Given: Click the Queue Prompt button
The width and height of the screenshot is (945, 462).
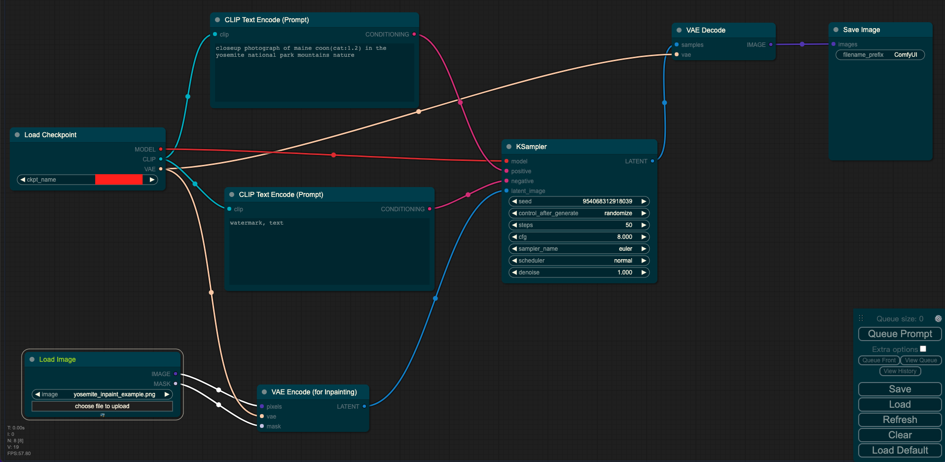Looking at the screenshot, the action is point(900,334).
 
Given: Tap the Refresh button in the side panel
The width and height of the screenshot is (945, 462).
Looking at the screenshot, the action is point(900,420).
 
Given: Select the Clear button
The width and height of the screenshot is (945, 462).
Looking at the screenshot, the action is point(900,435).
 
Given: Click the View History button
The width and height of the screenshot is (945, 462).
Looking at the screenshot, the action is point(900,371).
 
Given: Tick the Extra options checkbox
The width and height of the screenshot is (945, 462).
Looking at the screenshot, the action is point(923,349).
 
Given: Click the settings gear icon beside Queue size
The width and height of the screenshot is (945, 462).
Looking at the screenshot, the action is point(938,319).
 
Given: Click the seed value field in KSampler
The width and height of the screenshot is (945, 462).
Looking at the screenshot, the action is point(579,201).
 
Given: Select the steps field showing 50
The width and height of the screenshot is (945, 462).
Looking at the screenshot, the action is point(579,225).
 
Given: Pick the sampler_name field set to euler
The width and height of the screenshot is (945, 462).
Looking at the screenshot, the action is point(579,249).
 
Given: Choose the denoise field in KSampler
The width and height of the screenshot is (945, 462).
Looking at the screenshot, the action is point(579,272).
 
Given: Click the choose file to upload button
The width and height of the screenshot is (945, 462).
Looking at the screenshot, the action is point(102,406).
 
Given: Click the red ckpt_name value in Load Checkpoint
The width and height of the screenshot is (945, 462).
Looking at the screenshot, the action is point(119,180).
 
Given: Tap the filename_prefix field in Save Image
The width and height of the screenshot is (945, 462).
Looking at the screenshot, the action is point(880,55).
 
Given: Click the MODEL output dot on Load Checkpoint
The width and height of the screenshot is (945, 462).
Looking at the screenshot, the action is point(161,149).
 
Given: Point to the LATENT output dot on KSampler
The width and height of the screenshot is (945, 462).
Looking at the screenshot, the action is point(653,161).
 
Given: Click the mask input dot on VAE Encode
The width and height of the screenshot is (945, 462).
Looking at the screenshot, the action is point(262,426).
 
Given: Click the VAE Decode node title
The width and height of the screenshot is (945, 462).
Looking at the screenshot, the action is point(706,30).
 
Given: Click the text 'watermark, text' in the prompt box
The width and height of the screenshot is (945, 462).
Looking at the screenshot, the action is point(256,223).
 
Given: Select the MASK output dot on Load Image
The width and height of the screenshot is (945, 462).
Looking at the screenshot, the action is point(176,384).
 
